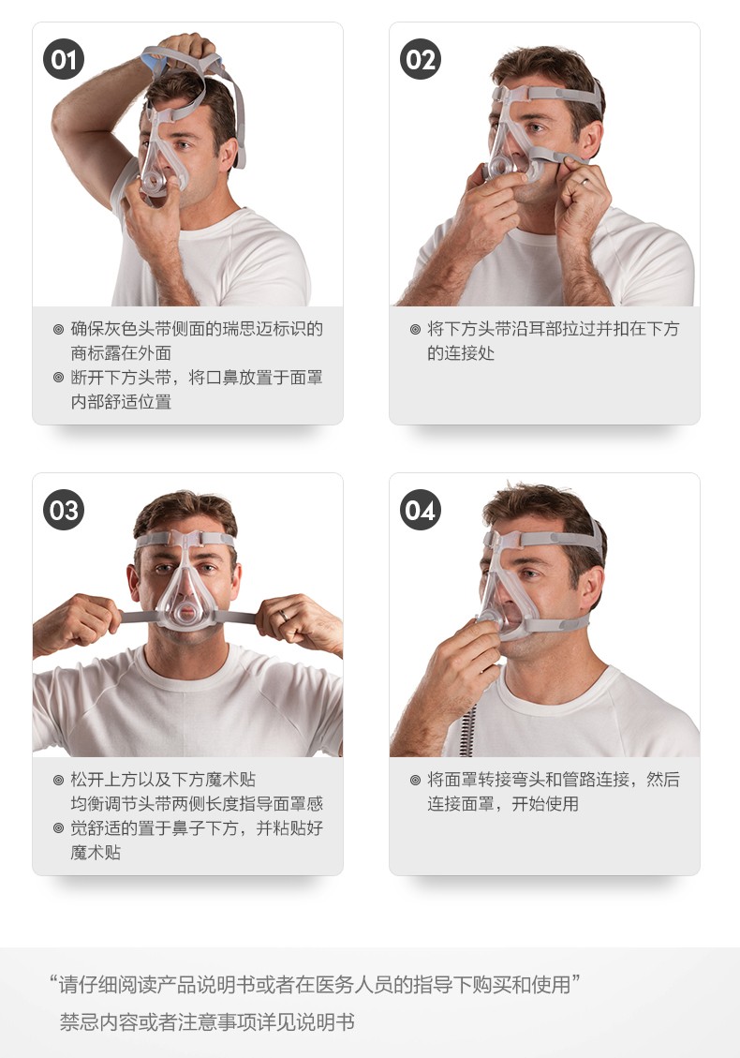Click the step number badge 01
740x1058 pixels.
click(x=64, y=59)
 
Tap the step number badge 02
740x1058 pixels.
click(x=420, y=59)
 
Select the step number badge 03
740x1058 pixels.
click(x=64, y=510)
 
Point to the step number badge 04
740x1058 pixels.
click(x=420, y=510)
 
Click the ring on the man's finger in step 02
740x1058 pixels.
click(x=585, y=181)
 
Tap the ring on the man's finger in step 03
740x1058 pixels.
click(x=284, y=616)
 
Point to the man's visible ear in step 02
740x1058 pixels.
click(x=590, y=139)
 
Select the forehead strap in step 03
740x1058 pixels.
click(x=185, y=540)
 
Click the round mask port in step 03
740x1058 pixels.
click(x=186, y=612)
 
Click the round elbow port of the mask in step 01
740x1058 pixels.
click(x=154, y=182)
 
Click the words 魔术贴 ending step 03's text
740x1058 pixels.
click(x=96, y=852)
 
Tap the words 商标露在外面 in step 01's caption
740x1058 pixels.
click(x=121, y=353)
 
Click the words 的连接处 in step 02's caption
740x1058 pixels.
click(x=461, y=353)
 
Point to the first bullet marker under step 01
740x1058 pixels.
click(x=59, y=329)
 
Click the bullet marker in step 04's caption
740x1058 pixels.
click(x=416, y=780)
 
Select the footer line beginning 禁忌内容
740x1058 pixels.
click(x=207, y=1022)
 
